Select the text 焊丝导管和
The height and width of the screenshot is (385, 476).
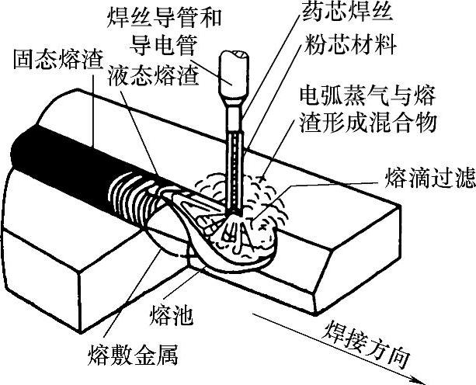pos(166,13)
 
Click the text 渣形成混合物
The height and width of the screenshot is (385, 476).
pos(361,122)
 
